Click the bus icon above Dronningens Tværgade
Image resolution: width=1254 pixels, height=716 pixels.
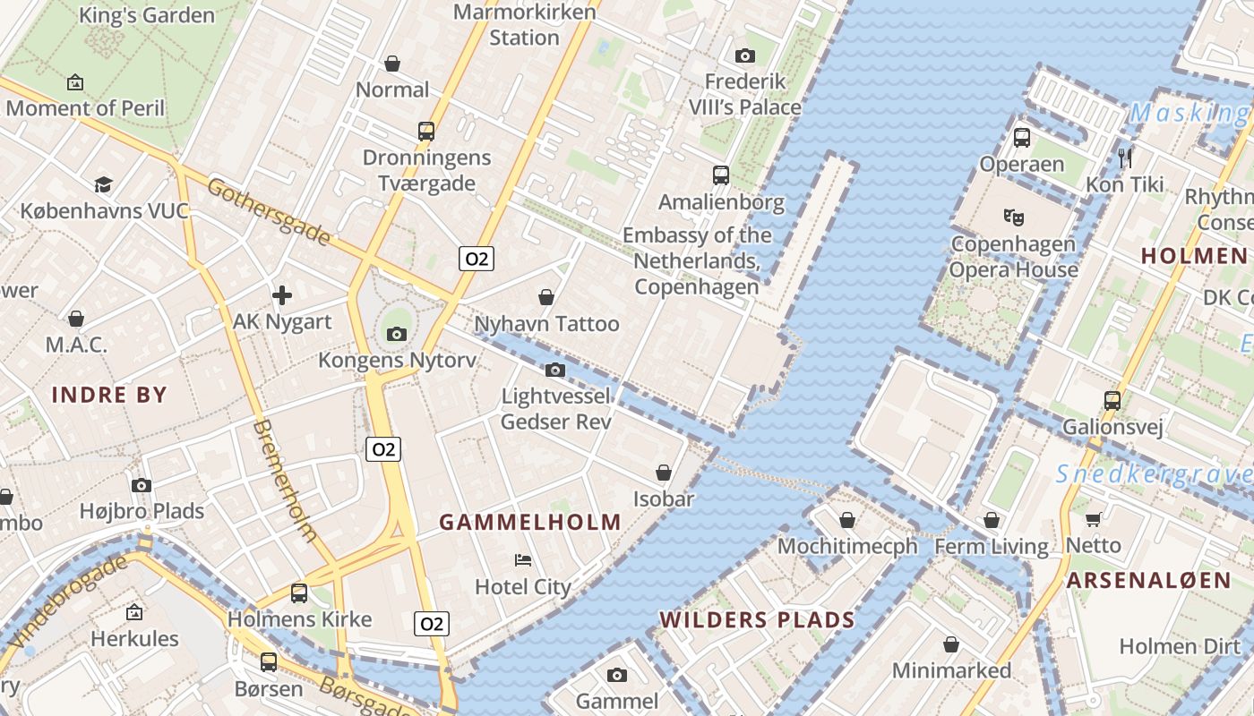click(426, 131)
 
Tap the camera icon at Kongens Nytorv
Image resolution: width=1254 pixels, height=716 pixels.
click(396, 334)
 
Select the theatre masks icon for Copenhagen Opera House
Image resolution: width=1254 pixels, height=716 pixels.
click(1014, 217)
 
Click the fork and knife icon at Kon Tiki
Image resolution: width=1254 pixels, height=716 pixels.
click(1125, 158)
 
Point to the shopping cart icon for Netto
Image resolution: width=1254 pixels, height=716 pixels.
click(1093, 519)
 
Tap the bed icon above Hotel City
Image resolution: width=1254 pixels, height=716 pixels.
click(523, 560)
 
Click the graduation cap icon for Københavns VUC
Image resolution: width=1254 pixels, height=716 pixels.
click(104, 184)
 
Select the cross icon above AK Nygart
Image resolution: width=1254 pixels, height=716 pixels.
click(282, 294)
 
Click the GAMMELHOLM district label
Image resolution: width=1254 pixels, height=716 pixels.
click(530, 522)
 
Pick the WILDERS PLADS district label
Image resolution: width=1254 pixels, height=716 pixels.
click(757, 619)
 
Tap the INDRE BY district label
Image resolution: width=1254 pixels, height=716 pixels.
click(109, 395)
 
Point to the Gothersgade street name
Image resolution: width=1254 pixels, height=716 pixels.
click(269, 211)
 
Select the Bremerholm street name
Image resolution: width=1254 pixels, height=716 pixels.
click(286, 480)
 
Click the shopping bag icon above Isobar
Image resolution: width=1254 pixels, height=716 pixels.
click(664, 472)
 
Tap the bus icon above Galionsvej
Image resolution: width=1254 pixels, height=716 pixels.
click(1112, 400)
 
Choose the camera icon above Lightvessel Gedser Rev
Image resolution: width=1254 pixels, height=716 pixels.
click(555, 369)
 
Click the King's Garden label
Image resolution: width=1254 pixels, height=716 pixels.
click(147, 15)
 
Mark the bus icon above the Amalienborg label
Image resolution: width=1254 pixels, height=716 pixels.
click(721, 175)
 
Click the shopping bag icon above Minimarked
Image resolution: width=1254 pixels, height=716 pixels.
click(951, 644)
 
